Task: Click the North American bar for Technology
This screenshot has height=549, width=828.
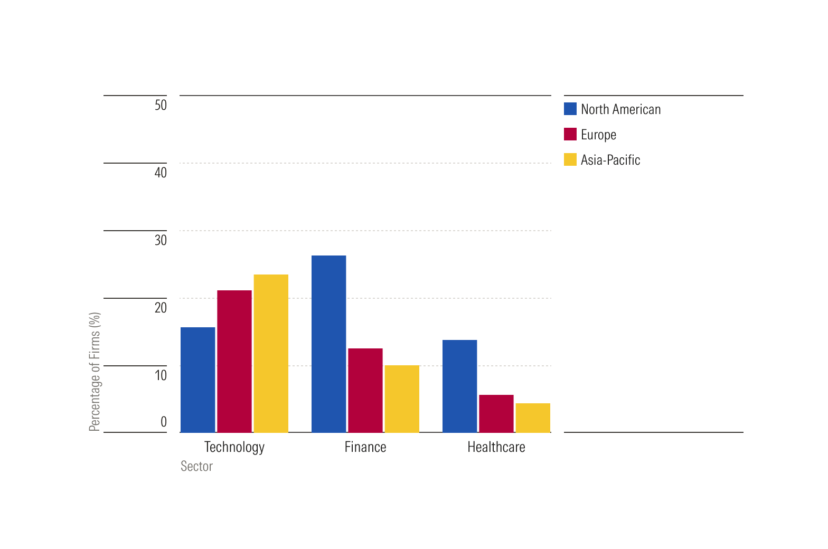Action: click(x=198, y=380)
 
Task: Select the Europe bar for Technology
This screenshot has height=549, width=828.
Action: click(x=234, y=362)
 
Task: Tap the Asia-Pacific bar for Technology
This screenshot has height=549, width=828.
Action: click(x=271, y=354)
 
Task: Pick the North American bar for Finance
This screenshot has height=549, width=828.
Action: click(x=328, y=344)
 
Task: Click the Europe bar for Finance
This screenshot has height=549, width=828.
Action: click(x=365, y=391)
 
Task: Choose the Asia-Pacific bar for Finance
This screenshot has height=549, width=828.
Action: click(x=402, y=399)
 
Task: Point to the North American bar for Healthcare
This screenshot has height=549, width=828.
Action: click(x=459, y=386)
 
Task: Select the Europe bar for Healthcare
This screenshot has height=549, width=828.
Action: click(x=496, y=414)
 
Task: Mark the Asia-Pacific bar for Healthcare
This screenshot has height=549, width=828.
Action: click(x=533, y=418)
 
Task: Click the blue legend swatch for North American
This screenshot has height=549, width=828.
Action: click(x=570, y=109)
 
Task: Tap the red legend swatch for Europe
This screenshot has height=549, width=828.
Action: click(x=570, y=134)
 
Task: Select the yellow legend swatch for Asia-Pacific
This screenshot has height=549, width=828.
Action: click(x=570, y=159)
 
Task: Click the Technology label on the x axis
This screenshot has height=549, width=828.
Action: click(x=234, y=447)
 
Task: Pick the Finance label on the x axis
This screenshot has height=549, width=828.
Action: click(x=365, y=447)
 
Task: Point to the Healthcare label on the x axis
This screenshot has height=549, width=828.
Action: click(x=496, y=447)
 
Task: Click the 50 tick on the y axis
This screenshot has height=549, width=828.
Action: click(x=161, y=105)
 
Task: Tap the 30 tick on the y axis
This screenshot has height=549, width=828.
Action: click(x=161, y=240)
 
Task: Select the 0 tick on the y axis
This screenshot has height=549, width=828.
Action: click(x=164, y=422)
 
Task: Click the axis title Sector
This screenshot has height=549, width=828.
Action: click(x=196, y=466)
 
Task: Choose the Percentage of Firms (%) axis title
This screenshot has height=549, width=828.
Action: click(x=95, y=372)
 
